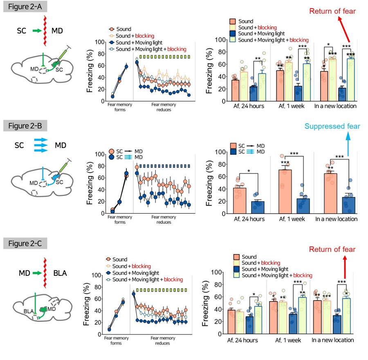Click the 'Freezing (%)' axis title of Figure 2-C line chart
pyautogui.click(x=86, y=305)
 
